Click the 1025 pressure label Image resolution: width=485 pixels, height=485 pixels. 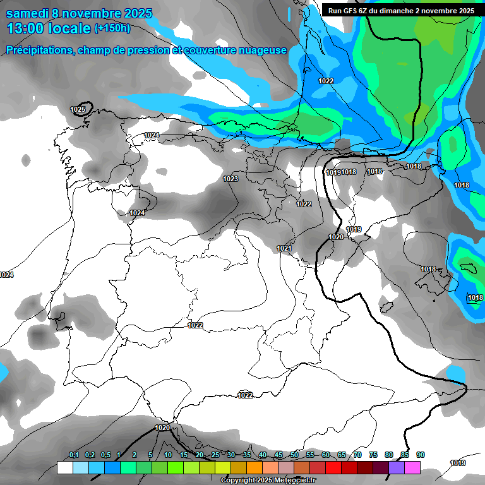pyautogui.click(x=78, y=109)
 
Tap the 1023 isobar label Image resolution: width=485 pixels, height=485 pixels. pyautogui.click(x=231, y=179)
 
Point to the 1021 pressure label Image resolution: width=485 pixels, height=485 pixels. pyautogui.click(x=284, y=249)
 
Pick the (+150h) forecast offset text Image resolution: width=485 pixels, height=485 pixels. pyautogui.click(x=112, y=28)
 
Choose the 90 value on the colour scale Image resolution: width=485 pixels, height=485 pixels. pyautogui.click(x=420, y=455)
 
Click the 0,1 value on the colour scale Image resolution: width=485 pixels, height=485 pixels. pyautogui.click(x=74, y=455)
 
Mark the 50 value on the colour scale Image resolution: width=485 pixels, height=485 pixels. pyautogui.click(x=294, y=455)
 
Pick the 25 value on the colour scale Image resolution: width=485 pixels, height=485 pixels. pyautogui.click(x=215, y=455)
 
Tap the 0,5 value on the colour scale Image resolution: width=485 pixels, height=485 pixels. pyautogui.click(x=105, y=455)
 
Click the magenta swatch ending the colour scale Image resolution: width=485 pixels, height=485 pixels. pyautogui.click(x=412, y=467)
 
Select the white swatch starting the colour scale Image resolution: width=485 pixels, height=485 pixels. pyautogui.click(x=64, y=467)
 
